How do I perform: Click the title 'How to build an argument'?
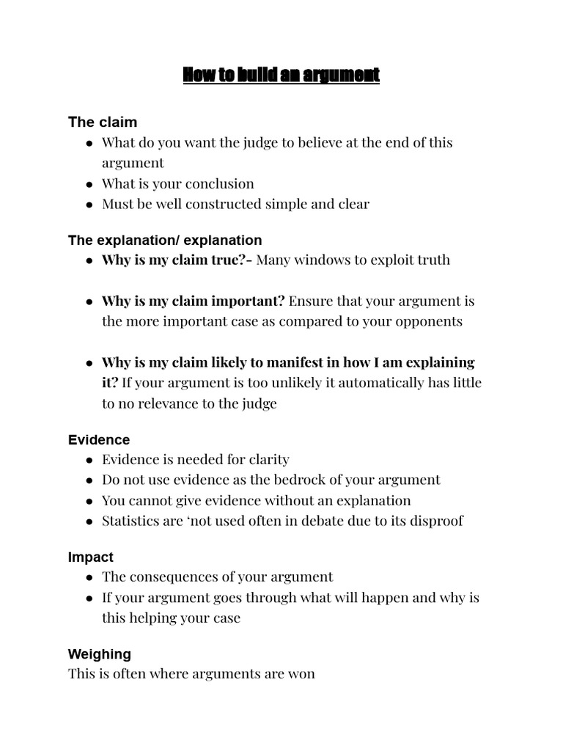click(281, 75)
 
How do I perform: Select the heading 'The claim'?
click(103, 122)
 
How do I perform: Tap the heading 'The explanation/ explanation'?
click(165, 240)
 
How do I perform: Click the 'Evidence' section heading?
click(99, 440)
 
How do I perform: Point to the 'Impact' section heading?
click(91, 557)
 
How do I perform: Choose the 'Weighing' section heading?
click(100, 653)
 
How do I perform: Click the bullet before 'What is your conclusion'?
click(89, 184)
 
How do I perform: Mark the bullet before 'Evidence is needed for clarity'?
click(89, 460)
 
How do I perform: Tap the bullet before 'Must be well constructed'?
click(89, 205)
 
